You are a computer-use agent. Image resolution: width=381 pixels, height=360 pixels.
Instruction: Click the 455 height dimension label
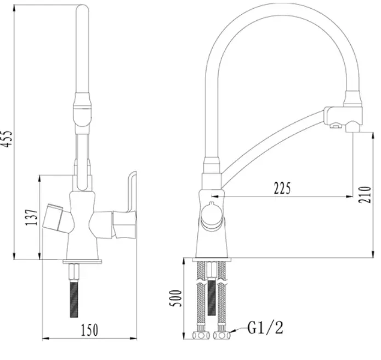[7, 139]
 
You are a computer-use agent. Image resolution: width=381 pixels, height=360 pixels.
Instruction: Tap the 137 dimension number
[32, 217]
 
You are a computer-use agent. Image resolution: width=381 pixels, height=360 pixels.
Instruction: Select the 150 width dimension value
[89, 330]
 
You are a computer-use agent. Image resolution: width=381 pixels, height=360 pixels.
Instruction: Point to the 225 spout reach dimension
[282, 188]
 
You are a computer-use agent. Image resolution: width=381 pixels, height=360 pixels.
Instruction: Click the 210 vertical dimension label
[365, 195]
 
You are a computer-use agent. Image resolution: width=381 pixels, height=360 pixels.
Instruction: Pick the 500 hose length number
[175, 298]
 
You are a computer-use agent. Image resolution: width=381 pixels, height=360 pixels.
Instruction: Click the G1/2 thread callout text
[265, 328]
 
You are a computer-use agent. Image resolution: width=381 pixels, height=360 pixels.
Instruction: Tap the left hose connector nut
[201, 336]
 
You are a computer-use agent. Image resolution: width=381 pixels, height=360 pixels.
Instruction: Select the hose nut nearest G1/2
[222, 336]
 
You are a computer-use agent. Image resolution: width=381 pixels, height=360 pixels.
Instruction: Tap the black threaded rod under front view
[74, 299]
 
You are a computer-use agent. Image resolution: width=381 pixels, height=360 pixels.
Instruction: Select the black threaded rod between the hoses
[212, 297]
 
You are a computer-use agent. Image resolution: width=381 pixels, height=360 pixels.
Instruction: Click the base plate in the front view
[82, 261]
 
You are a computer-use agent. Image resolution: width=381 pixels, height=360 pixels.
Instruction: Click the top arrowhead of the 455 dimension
[14, 8]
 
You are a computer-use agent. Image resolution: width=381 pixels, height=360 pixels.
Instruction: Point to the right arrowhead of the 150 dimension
[133, 339]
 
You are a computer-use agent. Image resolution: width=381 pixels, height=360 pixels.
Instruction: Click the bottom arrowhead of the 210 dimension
[373, 254]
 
